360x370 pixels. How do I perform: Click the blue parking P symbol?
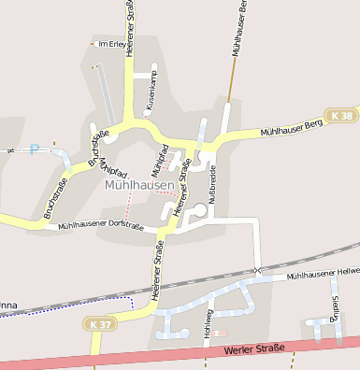(35, 149)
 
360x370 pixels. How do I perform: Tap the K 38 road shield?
(342, 115)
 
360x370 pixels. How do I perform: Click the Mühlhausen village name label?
(140, 186)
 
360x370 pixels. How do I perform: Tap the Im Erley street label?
(111, 43)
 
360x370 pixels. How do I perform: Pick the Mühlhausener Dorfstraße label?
(100, 226)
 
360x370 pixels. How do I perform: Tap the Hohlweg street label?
(205, 322)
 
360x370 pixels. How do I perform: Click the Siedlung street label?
(337, 308)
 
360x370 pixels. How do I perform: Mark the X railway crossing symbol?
(257, 270)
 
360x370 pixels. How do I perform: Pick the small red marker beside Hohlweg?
(221, 333)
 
